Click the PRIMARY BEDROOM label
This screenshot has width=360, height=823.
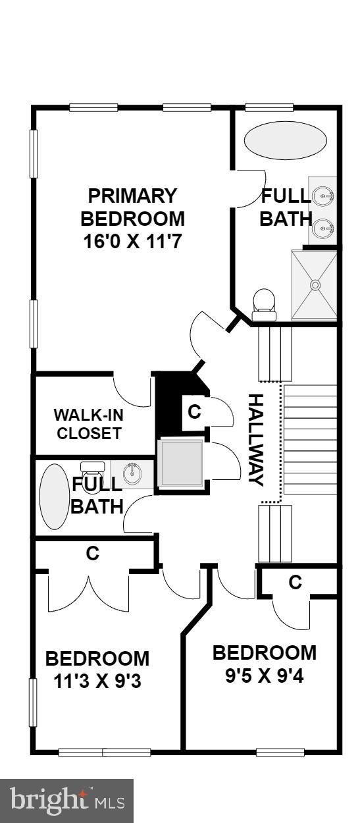[132, 207]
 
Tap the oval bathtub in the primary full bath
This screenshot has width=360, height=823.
[285, 141]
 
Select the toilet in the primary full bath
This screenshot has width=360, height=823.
[264, 302]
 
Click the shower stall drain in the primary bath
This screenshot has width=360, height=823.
[315, 284]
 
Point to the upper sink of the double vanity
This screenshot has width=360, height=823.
[324, 195]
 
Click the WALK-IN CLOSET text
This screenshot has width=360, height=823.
[88, 424]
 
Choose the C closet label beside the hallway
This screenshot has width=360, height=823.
[194, 412]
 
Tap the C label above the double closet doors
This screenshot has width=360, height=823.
[92, 554]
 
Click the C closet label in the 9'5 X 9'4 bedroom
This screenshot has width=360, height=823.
[296, 582]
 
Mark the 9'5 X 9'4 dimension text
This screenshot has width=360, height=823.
[265, 676]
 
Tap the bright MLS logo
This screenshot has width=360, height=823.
[66, 801]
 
